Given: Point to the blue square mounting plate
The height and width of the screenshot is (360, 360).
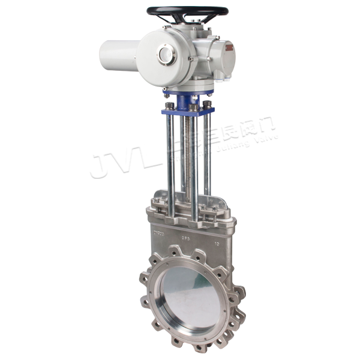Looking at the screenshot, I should (x=186, y=110).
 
